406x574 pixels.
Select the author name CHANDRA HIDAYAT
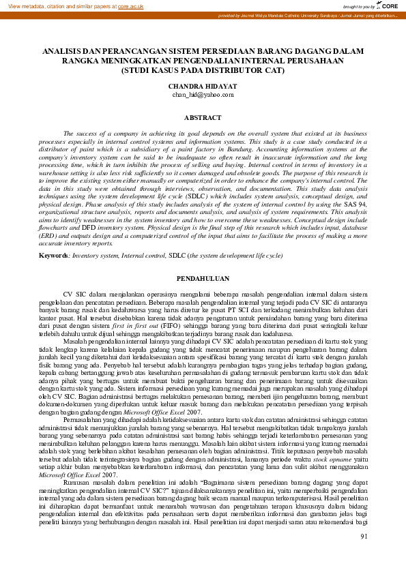[x=203, y=87]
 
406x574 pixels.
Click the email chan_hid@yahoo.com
[x=203, y=95]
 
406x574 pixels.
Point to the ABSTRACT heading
[x=203, y=117]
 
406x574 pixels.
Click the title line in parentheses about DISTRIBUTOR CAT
[x=203, y=70]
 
